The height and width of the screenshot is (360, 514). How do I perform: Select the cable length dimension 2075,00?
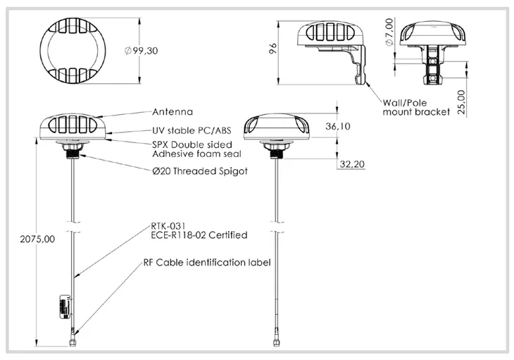pos(20,239)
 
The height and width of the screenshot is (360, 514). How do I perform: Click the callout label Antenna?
pos(173,111)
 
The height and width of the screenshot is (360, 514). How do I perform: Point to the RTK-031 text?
pos(168,226)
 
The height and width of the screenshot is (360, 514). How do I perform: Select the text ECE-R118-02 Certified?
pos(199,235)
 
